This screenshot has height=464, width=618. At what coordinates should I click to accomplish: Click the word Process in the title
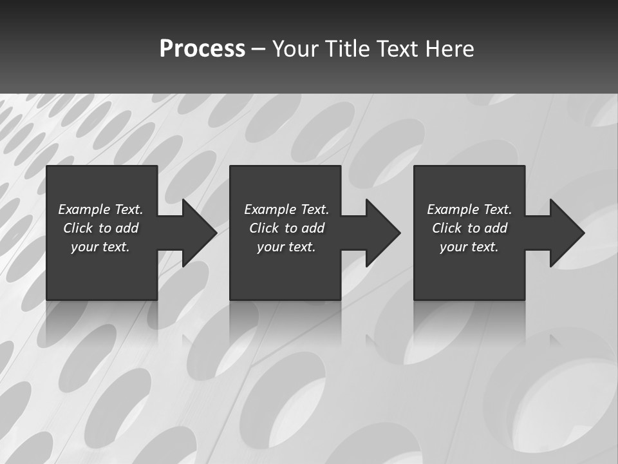tap(202, 49)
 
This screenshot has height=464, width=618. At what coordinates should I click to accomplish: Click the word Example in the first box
tap(84, 209)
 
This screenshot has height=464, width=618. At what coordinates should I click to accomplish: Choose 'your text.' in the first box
tap(100, 247)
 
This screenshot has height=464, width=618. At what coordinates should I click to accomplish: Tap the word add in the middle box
tap(313, 228)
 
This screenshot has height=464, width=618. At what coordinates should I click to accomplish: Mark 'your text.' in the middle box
tap(286, 247)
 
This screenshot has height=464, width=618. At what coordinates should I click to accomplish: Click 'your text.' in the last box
tap(469, 247)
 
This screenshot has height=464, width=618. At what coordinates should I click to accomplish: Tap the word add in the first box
tap(127, 228)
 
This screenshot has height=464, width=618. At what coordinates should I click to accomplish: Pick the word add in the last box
tap(496, 228)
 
